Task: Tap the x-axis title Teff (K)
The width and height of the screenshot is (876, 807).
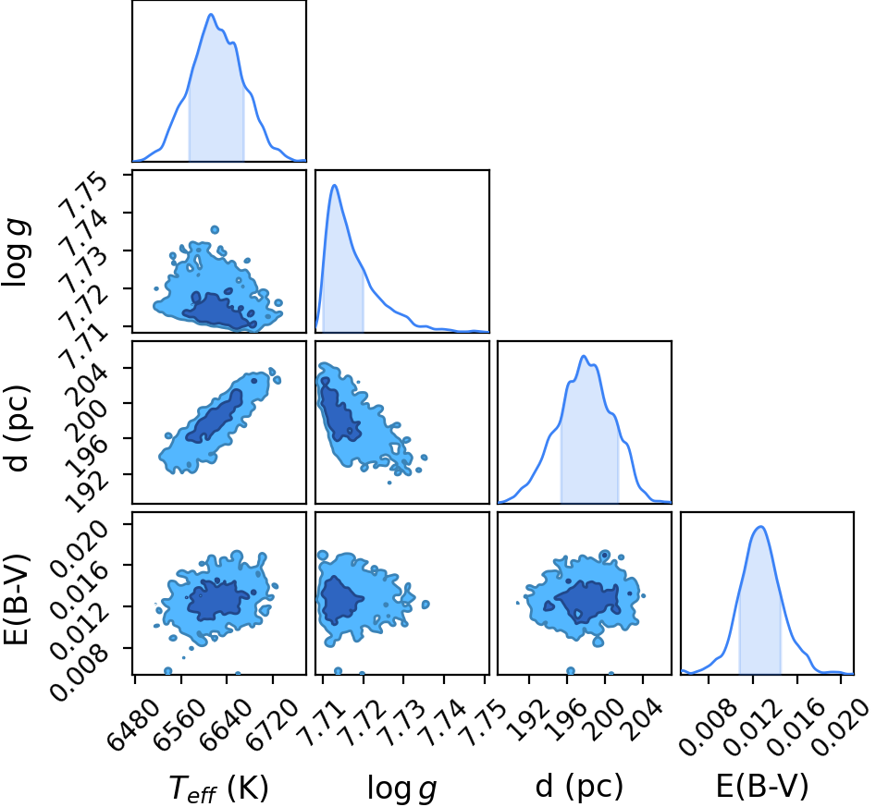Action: coord(218,789)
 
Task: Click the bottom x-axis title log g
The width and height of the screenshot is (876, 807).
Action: coord(401,789)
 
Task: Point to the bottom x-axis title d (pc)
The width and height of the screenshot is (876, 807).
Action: coord(579,787)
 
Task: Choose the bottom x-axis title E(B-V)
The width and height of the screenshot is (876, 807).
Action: coord(762,787)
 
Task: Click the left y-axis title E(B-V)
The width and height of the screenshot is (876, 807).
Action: coord(16,600)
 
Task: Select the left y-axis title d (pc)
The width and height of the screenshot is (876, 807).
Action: coord(17,428)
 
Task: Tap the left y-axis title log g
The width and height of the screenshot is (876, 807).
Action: coord(17,253)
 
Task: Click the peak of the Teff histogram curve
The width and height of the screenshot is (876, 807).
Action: coord(211,14)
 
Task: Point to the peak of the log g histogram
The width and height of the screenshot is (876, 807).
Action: coord(334,185)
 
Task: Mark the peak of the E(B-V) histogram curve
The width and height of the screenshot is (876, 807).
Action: coord(760,526)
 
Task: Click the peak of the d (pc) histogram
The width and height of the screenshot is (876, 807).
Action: coord(584,356)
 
